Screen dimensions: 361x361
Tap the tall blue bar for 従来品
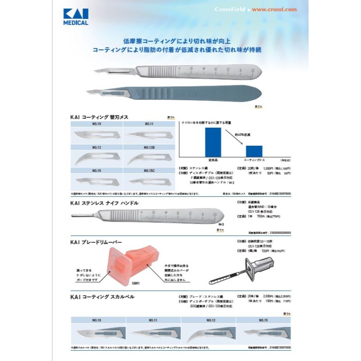pyautogui.click(x=213, y=141)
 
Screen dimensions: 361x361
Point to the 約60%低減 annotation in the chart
pyautogui.click(x=242, y=134)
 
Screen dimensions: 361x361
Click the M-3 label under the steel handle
pyautogui.click(x=221, y=224)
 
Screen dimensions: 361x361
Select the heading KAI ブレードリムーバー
pyautogui.click(x=96, y=242)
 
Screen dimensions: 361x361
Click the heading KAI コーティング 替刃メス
pyautogui.click(x=99, y=117)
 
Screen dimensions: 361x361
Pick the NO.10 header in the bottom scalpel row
pyautogui.click(x=97, y=320)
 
